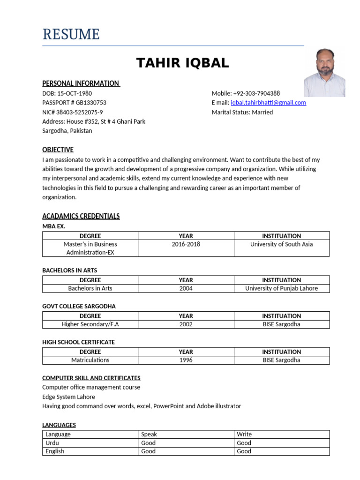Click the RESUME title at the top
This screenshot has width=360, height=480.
(71, 34)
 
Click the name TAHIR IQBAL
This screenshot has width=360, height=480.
(182, 63)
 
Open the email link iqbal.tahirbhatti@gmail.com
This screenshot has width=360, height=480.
(268, 103)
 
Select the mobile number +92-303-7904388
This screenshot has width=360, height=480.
(256, 93)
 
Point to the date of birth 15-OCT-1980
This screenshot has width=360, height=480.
(74, 93)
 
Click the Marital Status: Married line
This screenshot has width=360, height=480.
(242, 112)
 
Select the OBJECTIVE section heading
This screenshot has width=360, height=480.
(58, 150)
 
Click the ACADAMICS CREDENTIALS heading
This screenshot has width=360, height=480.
(81, 216)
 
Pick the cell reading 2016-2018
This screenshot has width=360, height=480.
(186, 244)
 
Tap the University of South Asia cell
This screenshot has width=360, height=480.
(281, 244)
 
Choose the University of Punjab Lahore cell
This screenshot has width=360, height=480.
(281, 288)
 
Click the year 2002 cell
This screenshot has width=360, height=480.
(186, 324)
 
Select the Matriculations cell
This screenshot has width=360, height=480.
(90, 360)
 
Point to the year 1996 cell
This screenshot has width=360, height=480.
(186, 360)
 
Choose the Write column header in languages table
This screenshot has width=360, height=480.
(244, 435)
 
